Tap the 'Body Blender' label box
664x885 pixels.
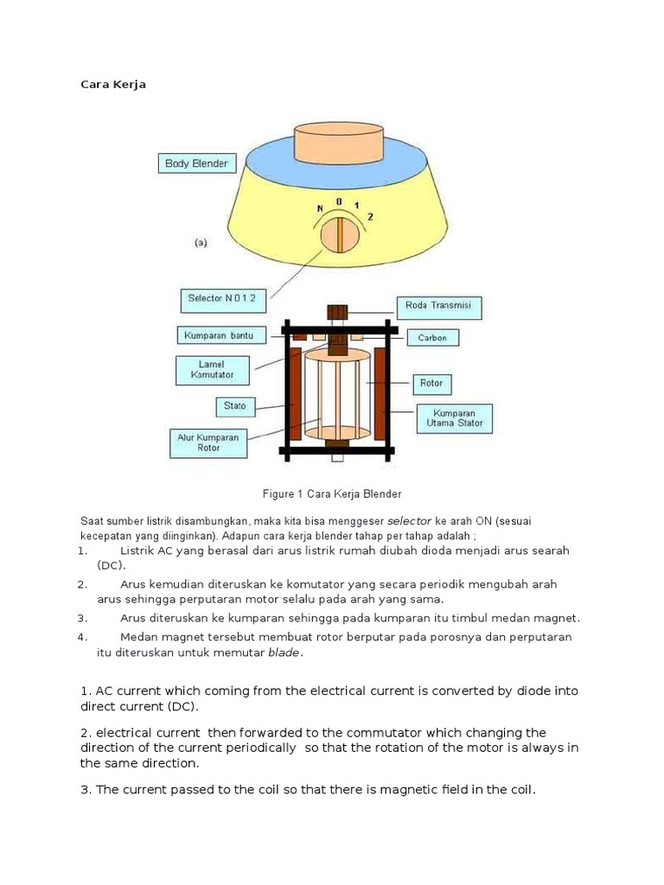click(196, 163)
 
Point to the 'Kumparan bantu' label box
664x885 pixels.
click(219, 334)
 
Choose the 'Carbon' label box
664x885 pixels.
click(432, 337)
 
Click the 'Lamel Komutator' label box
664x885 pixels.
click(211, 370)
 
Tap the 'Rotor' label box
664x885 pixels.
click(431, 383)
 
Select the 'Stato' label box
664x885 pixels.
click(235, 404)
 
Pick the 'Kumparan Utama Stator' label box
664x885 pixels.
click(454, 417)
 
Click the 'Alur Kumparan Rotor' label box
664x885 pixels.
click(207, 442)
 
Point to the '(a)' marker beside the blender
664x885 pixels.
click(201, 244)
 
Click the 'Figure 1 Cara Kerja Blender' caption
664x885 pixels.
click(332, 493)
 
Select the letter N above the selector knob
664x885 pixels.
click(320, 207)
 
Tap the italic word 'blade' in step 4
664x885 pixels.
click(283, 653)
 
